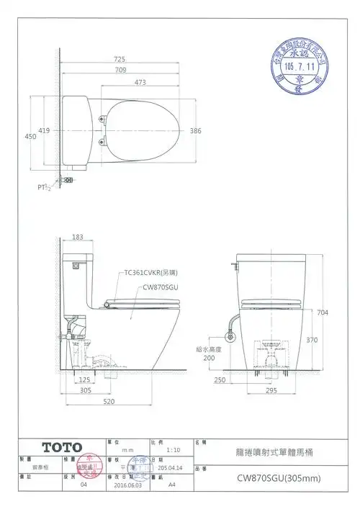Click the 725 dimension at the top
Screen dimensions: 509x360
coord(121,59)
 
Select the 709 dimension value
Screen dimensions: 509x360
coord(121,71)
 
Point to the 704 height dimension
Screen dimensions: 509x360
coord(322,312)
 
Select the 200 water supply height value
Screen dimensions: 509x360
coord(209,357)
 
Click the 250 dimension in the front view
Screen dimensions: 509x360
coord(220,379)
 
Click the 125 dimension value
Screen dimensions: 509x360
coord(84,379)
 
